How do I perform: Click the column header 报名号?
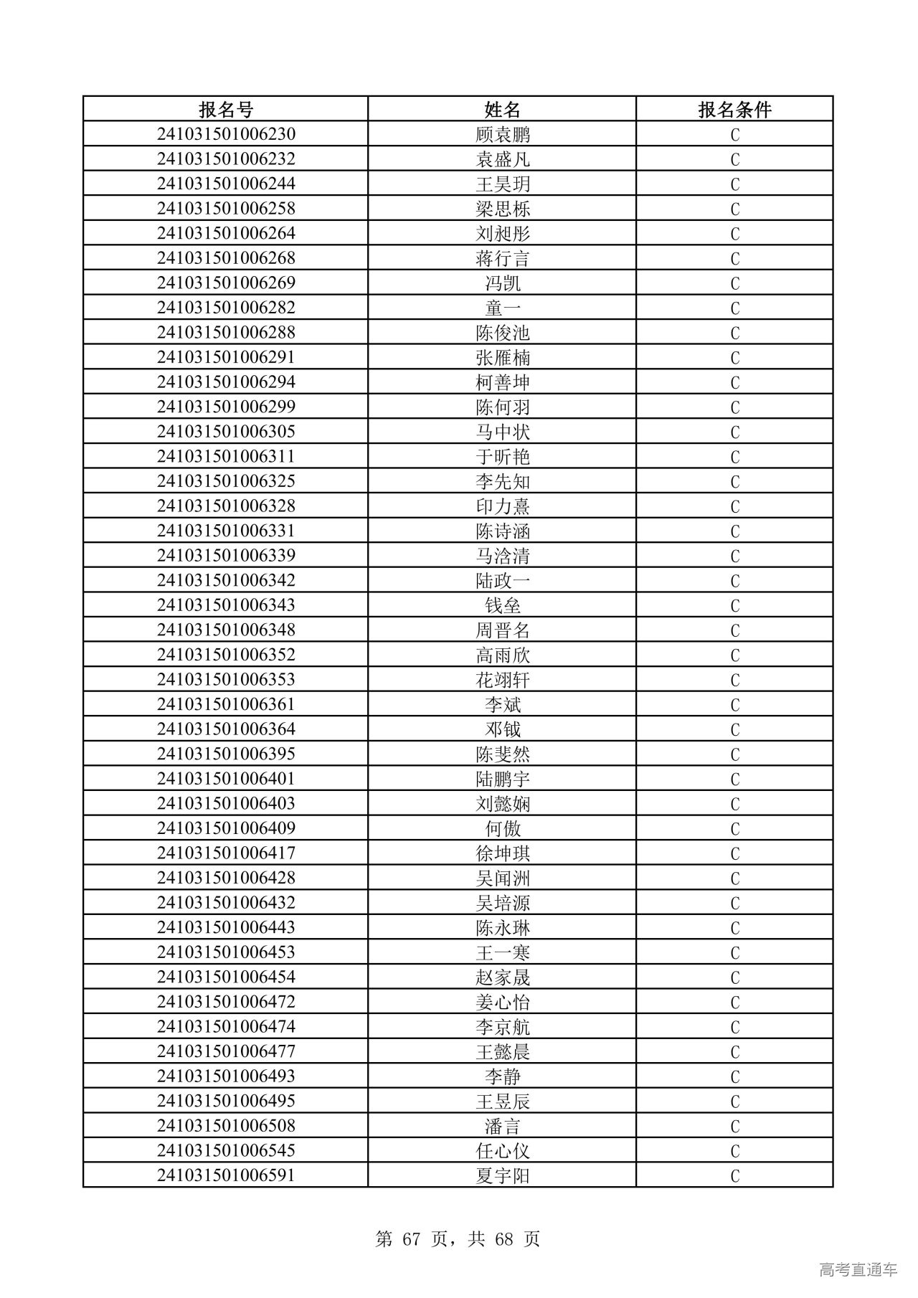coord(226,110)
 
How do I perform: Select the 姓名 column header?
coord(502,110)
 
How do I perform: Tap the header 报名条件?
coord(734,110)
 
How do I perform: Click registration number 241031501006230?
coord(226,135)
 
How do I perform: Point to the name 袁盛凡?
coord(502,159)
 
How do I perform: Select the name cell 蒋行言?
coord(502,258)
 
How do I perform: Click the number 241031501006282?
coord(226,308)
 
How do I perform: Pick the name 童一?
coord(502,308)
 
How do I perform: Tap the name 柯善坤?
coord(502,382)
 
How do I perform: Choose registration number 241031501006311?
coord(226,456)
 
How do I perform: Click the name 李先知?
coord(502,481)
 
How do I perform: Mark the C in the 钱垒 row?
coord(734,606)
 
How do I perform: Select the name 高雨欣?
coord(502,655)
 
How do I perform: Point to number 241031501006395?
coord(226,754)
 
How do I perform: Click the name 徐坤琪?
coord(502,853)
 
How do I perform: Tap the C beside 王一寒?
coord(734,953)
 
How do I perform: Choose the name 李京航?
coord(502,1027)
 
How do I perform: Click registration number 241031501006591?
coord(226,1175)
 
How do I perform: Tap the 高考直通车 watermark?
coord(858,1269)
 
